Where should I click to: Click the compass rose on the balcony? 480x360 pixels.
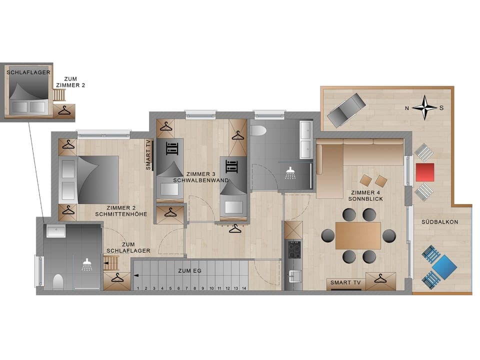[424, 107]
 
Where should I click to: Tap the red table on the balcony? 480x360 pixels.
[424, 172]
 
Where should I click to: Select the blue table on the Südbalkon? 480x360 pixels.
[445, 266]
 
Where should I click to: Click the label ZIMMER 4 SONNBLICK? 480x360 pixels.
[366, 195]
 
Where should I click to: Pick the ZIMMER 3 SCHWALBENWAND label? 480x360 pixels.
[200, 177]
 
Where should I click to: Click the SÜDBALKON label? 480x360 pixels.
[439, 221]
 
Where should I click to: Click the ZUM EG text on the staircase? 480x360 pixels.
[189, 270]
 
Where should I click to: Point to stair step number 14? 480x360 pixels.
[243, 288]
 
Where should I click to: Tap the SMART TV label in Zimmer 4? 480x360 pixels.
[345, 283]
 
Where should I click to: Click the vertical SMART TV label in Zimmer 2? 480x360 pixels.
[148, 155]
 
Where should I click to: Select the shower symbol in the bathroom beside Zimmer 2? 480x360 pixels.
[87, 263]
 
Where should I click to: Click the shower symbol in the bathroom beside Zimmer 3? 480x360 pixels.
[290, 173]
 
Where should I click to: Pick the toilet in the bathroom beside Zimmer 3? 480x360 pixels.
[258, 131]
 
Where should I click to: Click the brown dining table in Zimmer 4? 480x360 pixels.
[358, 235]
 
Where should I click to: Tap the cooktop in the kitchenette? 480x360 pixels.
[292, 248]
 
